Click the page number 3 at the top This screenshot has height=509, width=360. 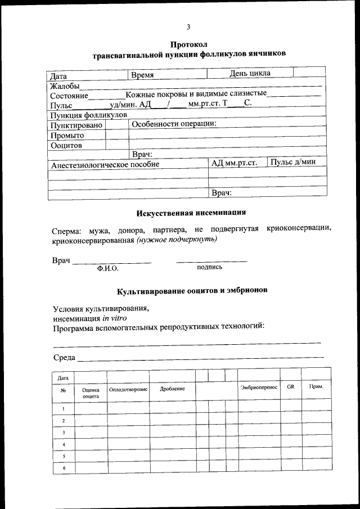(x=188, y=26)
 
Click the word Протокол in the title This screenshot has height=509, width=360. (x=190, y=44)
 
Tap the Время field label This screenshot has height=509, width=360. (x=142, y=75)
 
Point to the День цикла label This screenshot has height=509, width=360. (x=250, y=73)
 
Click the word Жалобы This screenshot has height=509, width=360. (x=64, y=86)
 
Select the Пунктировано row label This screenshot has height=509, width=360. (x=76, y=125)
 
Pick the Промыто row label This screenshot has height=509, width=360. (x=67, y=135)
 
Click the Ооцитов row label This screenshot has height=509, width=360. (x=66, y=145)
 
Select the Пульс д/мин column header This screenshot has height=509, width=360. (x=293, y=162)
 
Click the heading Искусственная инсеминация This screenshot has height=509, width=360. (x=191, y=213)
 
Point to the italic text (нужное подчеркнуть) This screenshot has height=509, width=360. (x=176, y=238)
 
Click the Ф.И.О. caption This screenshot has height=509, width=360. (x=107, y=269)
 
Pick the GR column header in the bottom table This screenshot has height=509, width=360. (x=290, y=387)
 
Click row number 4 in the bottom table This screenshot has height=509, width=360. (x=64, y=444)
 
